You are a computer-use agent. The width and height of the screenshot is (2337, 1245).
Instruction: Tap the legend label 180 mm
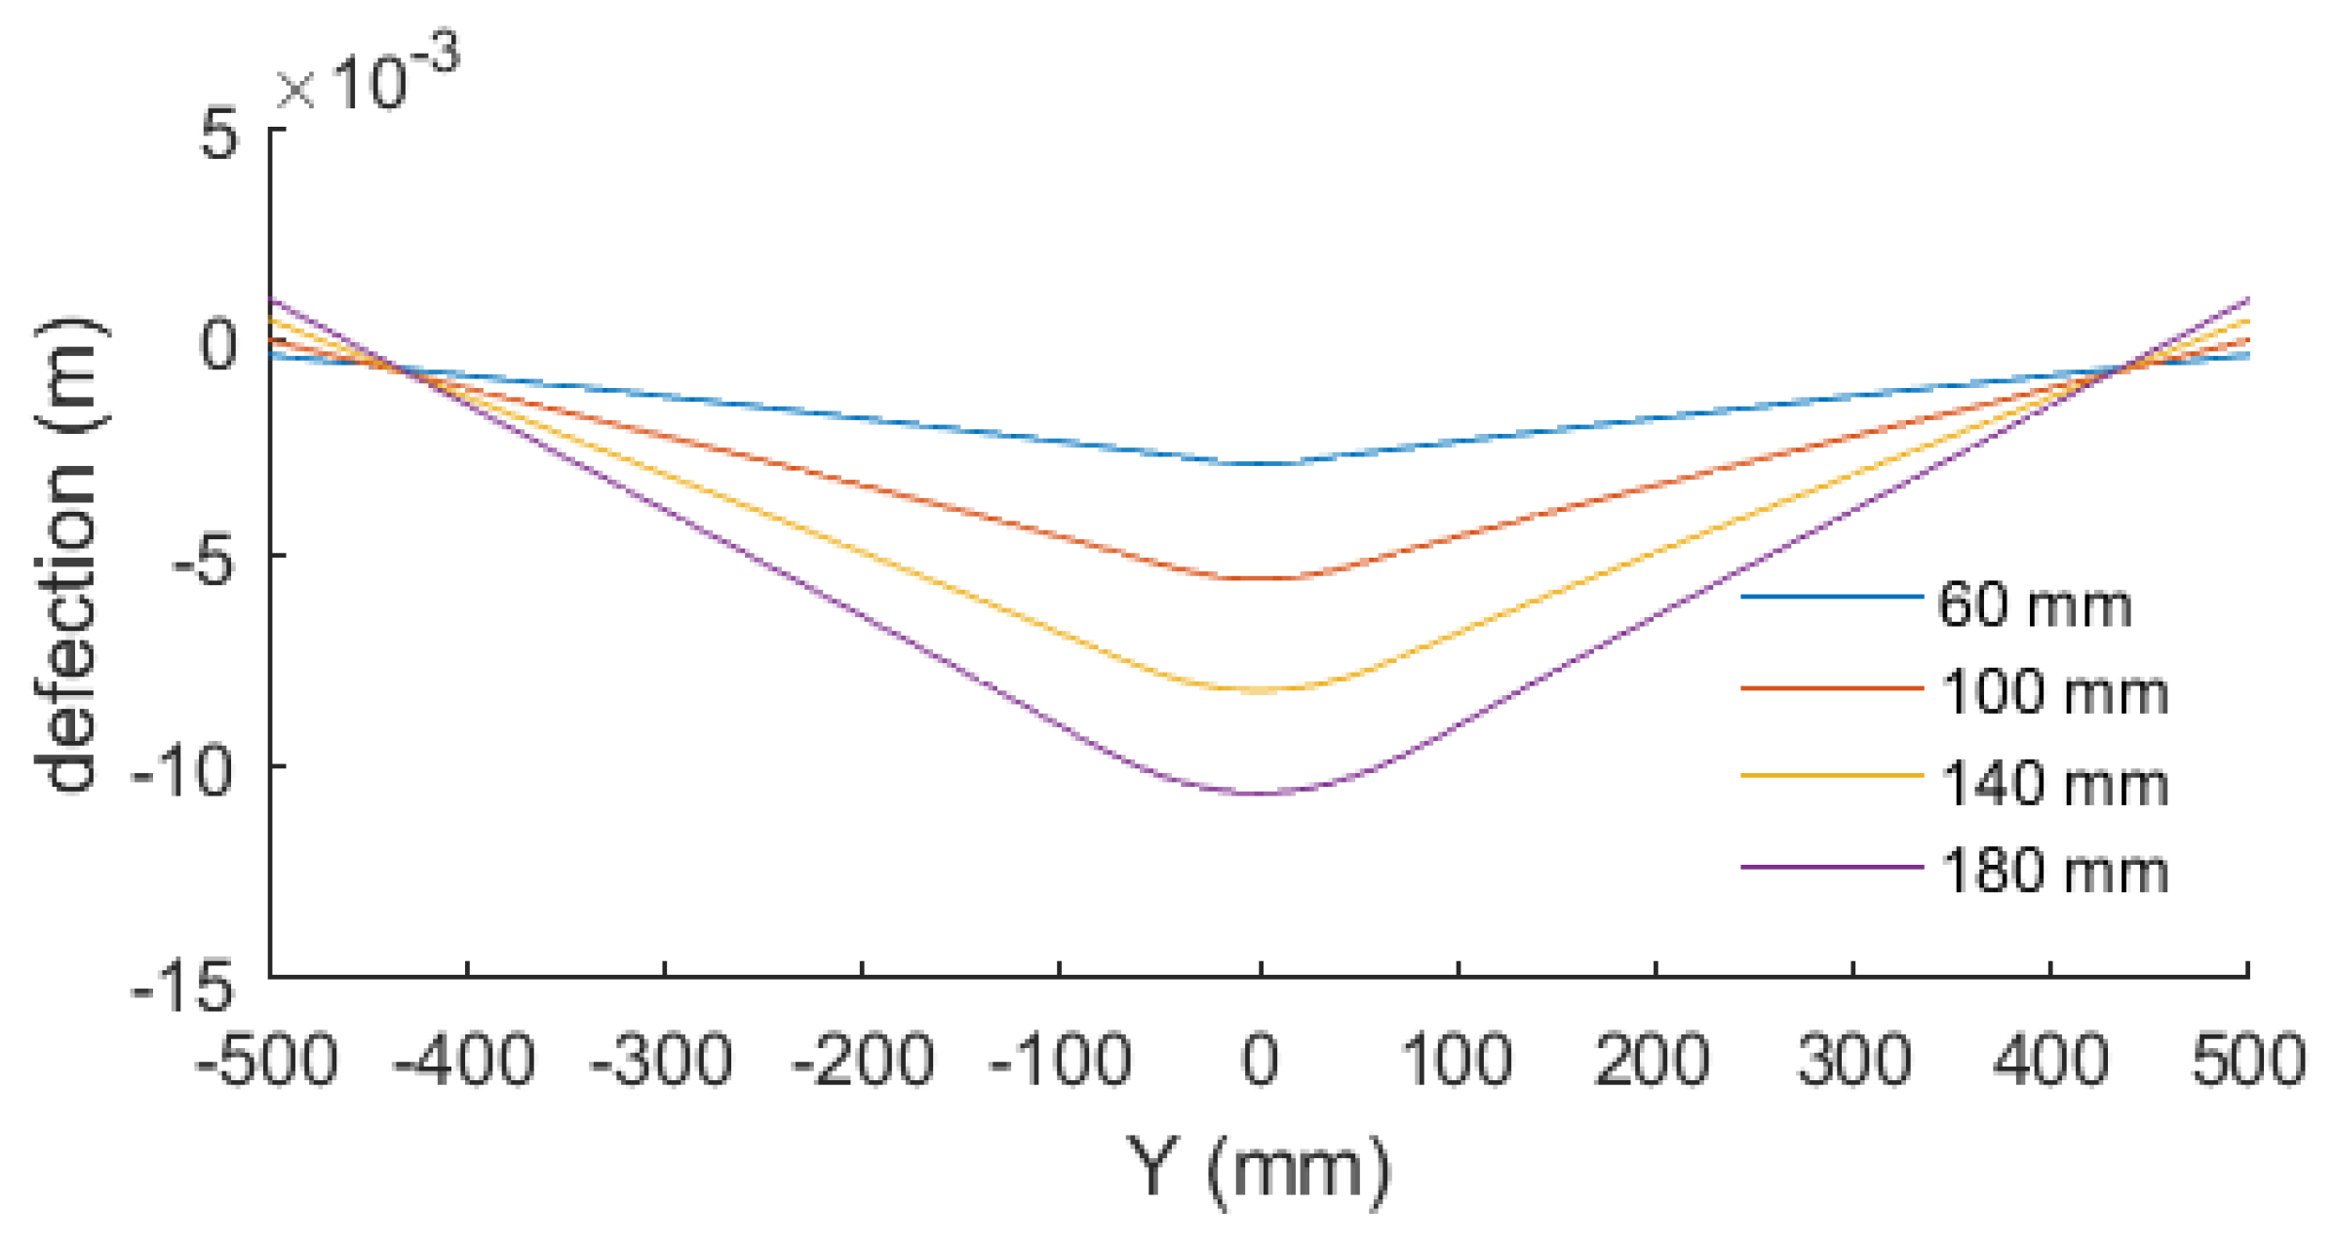click(2053, 871)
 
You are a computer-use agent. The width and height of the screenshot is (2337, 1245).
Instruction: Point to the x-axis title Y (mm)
click(1259, 1169)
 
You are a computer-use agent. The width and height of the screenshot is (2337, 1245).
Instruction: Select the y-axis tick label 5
click(219, 134)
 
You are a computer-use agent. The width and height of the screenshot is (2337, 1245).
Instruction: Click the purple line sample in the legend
click(1831, 867)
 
